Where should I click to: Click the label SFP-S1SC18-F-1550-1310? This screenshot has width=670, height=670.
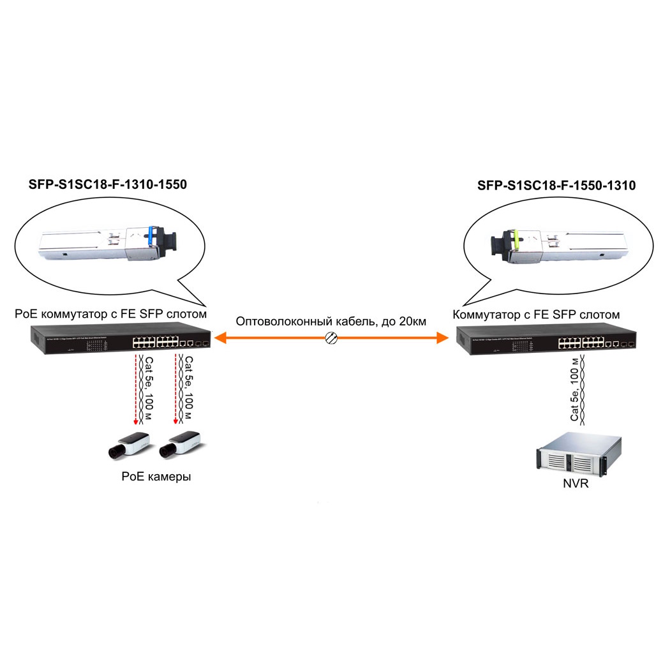tap(556, 186)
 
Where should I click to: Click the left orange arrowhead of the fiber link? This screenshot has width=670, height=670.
tap(218, 338)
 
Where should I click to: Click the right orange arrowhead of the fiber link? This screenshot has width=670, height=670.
tap(442, 338)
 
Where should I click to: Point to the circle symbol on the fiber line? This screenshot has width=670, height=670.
tap(331, 338)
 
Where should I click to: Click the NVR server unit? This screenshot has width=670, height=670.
tap(572, 454)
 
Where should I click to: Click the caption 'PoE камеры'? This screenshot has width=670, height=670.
tap(156, 477)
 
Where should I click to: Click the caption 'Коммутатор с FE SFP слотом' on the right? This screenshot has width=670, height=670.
tap(536, 315)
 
